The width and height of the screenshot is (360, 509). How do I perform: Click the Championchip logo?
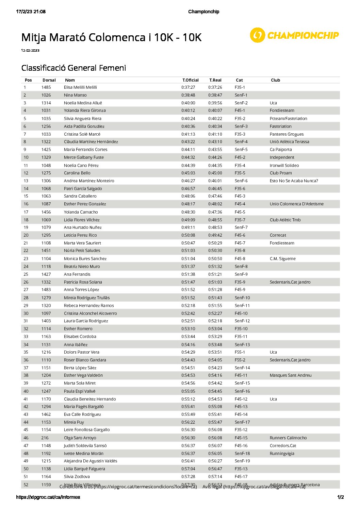pyautogui.click(x=294, y=35)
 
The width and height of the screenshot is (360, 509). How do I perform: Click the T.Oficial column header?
pyautogui.click(x=190, y=80)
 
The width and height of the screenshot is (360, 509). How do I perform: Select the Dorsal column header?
pyautogui.click(x=49, y=80)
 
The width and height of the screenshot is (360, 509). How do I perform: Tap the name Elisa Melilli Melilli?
pyautogui.click(x=80, y=87)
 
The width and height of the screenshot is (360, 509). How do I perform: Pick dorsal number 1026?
pyautogui.click(x=46, y=95)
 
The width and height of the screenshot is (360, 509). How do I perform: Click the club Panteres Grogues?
pyautogui.click(x=287, y=134)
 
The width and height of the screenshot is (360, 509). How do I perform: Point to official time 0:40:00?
pyautogui.click(x=188, y=103)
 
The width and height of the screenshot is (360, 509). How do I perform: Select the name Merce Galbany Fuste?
pyautogui.click(x=84, y=157)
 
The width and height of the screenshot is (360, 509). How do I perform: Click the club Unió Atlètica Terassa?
pyautogui.click(x=289, y=142)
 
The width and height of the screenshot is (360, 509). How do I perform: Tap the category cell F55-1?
pyautogui.click(x=240, y=352)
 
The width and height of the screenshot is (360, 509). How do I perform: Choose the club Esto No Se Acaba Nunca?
pyautogui.click(x=294, y=181)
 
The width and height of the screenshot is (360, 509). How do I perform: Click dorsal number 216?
pyautogui.click(x=45, y=438)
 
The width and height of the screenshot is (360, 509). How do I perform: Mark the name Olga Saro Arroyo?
pyautogui.click(x=80, y=438)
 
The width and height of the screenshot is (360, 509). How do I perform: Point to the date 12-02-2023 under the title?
pyautogui.click(x=30, y=51)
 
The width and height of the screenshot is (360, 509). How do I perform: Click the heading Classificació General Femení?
pyautogui.click(x=73, y=68)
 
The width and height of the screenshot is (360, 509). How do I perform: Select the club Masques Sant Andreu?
pyautogui.click(x=290, y=375)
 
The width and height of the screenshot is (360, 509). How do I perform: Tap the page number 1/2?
pyautogui.click(x=340, y=497)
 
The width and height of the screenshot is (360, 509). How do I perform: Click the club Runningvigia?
pyautogui.click(x=282, y=454)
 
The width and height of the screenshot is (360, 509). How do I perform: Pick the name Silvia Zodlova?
pyautogui.click(x=77, y=477)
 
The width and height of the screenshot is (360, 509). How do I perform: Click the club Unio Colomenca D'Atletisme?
pyautogui.click(x=296, y=204)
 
